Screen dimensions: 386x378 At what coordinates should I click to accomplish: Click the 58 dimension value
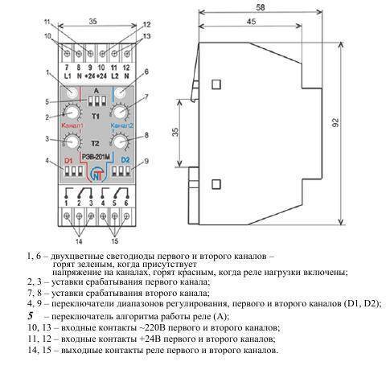point(260,7)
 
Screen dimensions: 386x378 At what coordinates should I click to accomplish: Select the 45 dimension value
point(251,22)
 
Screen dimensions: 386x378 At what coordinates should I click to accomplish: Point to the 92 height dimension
point(335,122)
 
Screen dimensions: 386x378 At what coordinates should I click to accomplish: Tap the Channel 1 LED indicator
point(72,92)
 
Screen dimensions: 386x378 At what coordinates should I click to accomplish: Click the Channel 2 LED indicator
point(121,93)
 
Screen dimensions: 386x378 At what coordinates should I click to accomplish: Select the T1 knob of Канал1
point(72,112)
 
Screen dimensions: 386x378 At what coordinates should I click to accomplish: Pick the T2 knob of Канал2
point(120,142)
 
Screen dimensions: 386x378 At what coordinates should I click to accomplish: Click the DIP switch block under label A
point(96,101)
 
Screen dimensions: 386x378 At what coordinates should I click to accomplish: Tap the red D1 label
point(68,161)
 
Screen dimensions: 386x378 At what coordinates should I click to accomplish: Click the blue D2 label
point(125,160)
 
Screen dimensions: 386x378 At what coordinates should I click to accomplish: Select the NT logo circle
point(96,175)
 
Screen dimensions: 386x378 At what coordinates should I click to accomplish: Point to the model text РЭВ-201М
point(96,158)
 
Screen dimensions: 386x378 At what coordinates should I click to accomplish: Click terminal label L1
point(68,76)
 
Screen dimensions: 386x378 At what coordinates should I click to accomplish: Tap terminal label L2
point(115,76)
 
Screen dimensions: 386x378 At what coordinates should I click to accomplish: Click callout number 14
point(79,241)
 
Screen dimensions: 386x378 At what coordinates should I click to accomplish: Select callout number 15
point(114,241)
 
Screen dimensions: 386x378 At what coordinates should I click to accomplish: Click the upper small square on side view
point(216,84)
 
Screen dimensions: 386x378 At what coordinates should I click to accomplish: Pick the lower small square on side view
point(216,185)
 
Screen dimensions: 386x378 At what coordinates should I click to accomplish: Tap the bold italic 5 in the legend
point(31,315)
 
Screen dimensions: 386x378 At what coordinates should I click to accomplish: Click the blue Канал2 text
point(121,125)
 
